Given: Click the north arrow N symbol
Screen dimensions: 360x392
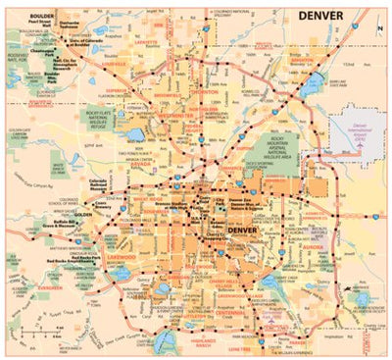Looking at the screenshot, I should point(380,29).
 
